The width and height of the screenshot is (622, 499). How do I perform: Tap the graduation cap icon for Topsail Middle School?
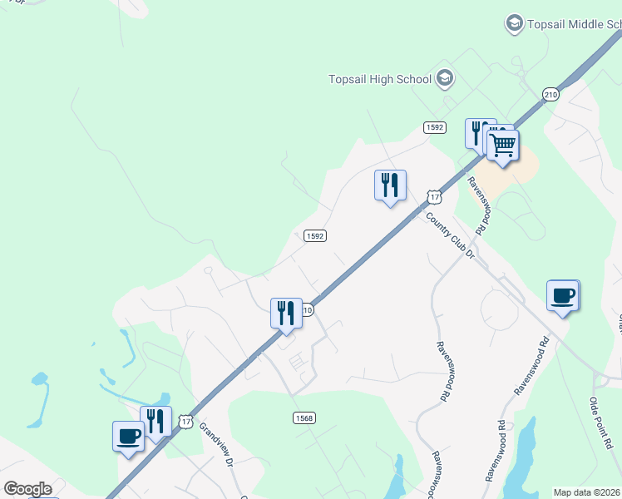(515, 23)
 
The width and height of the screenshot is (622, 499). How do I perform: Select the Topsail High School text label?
(380, 79)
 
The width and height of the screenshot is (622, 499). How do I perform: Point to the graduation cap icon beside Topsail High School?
(445, 79)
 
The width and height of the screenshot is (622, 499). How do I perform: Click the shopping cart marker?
(503, 146)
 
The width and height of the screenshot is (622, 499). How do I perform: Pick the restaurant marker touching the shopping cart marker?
(478, 133)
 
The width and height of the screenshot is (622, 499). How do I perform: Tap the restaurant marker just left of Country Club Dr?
(389, 185)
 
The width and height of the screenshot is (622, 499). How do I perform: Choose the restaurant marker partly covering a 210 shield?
(285, 314)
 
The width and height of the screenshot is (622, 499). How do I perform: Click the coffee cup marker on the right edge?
(563, 295)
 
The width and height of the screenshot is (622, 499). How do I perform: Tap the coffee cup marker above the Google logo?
(128, 437)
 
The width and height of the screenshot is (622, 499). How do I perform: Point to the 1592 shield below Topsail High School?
(434, 127)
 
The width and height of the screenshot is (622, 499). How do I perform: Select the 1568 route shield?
(304, 417)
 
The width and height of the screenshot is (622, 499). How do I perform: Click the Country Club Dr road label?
(449, 235)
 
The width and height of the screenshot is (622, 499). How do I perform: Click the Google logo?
(27, 489)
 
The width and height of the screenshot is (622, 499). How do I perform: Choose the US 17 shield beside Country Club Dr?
(434, 197)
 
